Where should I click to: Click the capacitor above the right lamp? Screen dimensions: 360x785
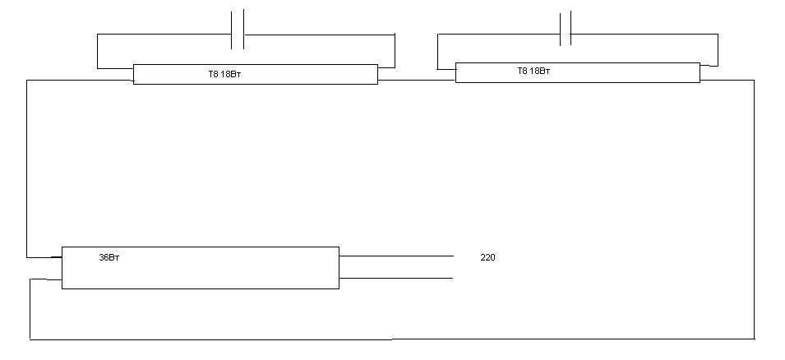pos(565,30)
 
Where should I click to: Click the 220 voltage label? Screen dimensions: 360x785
pos(487,258)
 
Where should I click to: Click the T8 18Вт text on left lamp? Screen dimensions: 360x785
pos(224,75)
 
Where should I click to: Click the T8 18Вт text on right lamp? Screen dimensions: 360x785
pos(533,72)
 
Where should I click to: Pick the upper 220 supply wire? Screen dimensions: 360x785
pos(396,256)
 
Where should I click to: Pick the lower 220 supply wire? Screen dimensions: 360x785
pos(396,279)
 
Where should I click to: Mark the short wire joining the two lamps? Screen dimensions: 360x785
pos(417,80)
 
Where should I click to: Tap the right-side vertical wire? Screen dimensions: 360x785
pos(754,205)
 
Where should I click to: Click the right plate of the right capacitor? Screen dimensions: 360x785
pos(570,30)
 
